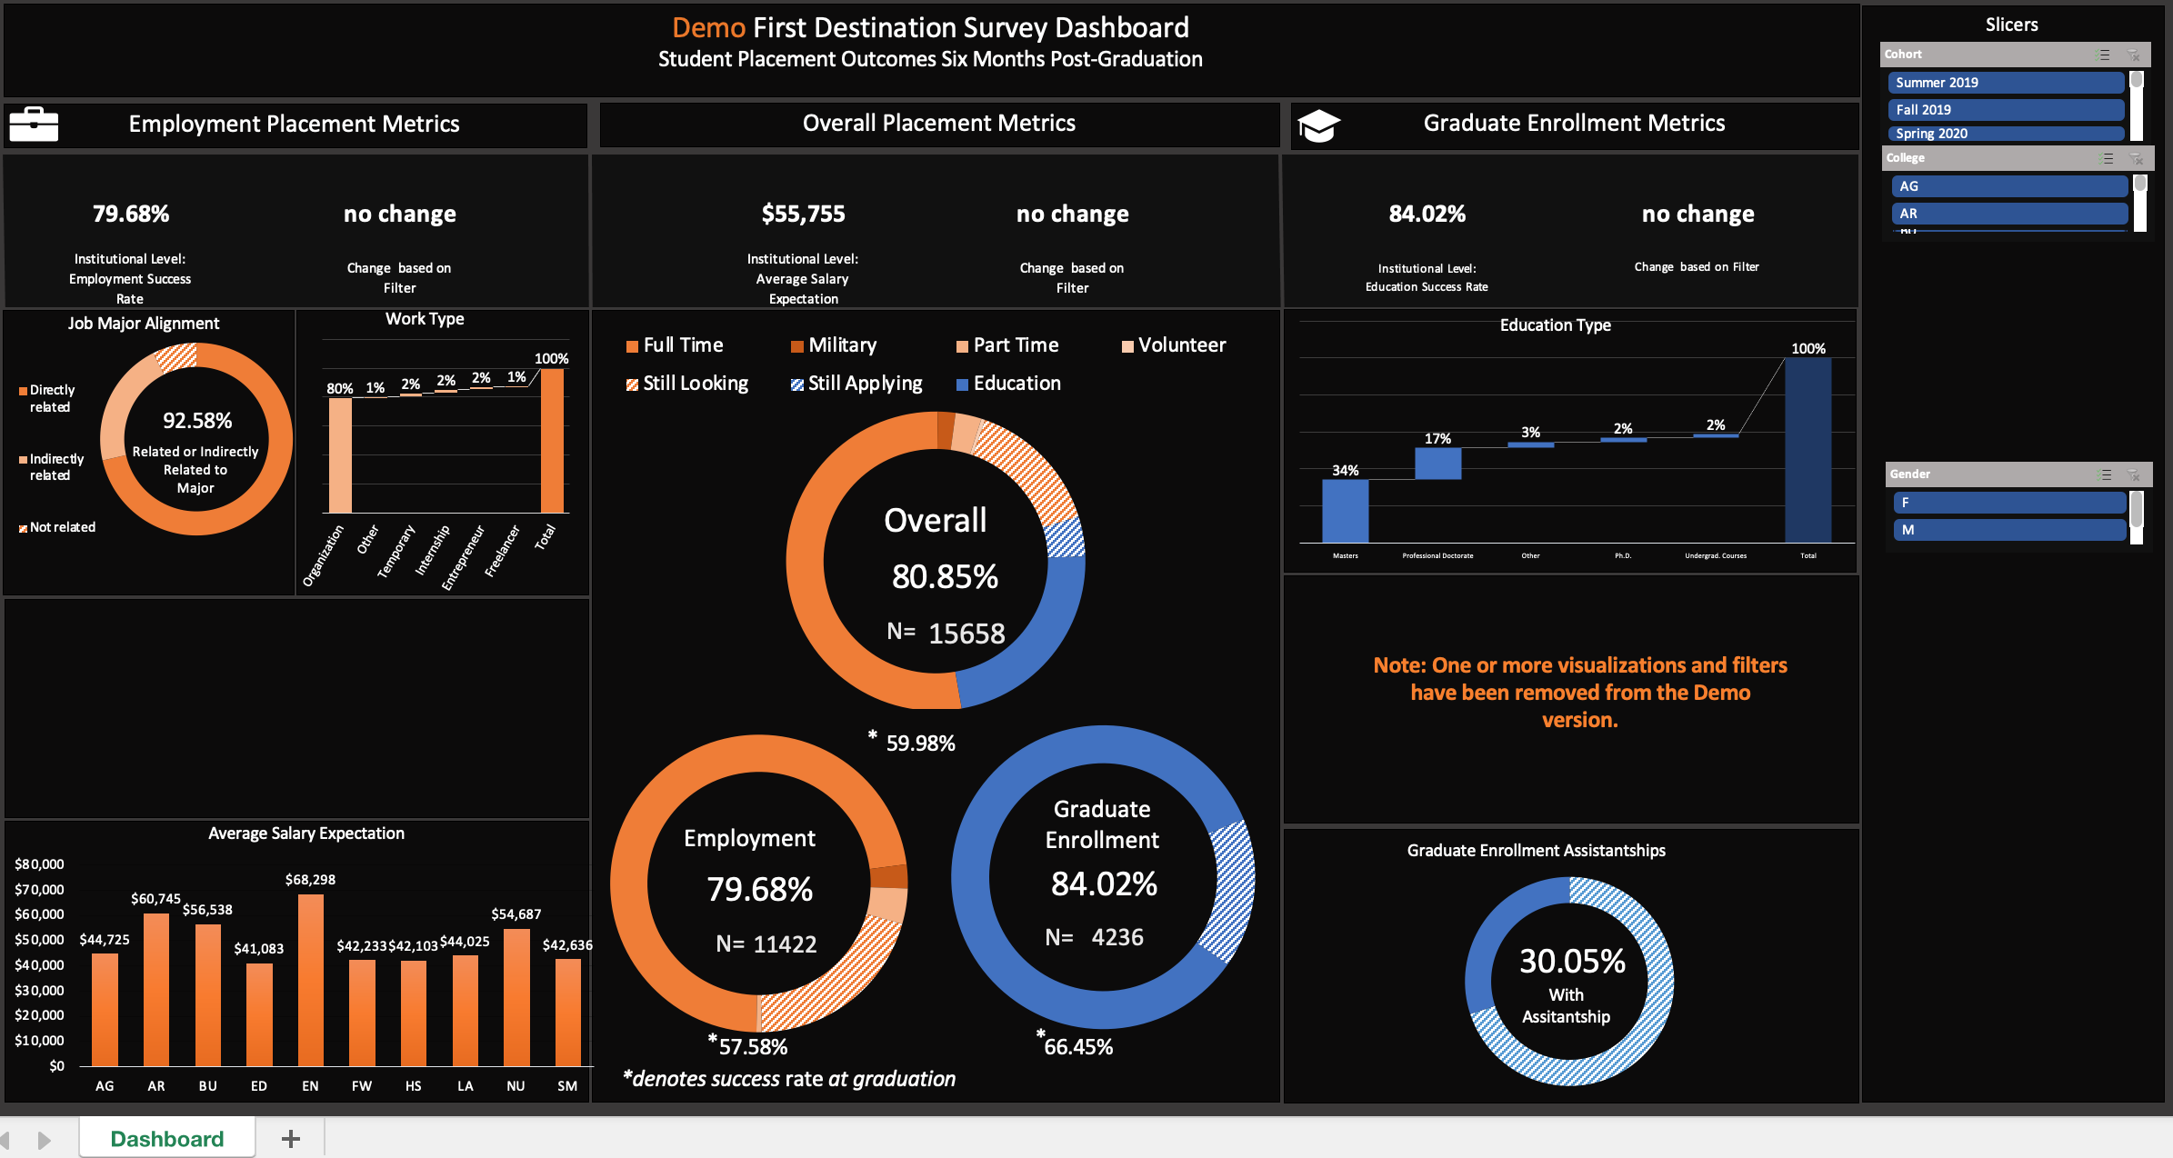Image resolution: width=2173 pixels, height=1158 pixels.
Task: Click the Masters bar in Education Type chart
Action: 1345,511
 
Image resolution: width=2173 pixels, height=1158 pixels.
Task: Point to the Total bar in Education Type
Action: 1807,450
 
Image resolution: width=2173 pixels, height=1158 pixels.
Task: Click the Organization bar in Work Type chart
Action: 340,455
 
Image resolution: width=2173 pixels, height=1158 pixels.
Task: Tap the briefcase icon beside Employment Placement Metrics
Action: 34,125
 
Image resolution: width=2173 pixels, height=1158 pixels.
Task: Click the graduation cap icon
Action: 1318,125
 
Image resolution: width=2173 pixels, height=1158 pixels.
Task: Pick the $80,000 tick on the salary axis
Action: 39,864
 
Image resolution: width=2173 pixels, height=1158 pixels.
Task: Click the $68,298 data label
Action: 310,880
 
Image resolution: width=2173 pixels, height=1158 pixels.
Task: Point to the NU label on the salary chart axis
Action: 516,1086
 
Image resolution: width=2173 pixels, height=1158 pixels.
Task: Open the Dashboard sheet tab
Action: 167,1139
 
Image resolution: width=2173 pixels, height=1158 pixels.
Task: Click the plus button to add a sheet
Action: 291,1139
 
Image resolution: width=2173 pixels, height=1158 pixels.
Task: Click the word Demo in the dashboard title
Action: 708,28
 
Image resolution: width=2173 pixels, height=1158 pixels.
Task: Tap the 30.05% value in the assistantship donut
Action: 1572,962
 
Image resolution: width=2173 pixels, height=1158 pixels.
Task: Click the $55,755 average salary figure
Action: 803,215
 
